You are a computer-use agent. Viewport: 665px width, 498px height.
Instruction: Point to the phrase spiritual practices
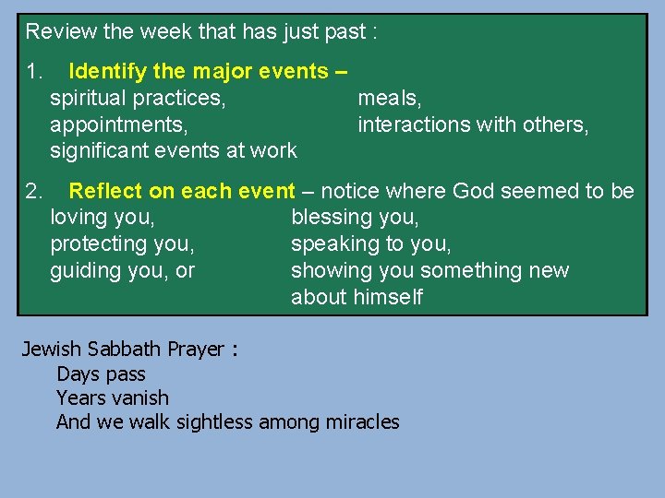[138, 98]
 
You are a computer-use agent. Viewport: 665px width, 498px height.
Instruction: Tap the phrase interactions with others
[473, 125]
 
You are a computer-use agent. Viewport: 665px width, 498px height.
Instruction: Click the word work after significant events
[275, 150]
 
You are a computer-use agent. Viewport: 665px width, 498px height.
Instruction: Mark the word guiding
[84, 271]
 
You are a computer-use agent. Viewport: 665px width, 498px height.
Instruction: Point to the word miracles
[362, 422]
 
